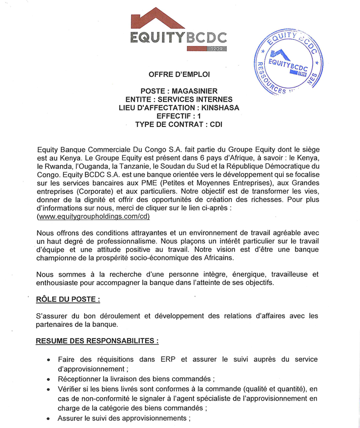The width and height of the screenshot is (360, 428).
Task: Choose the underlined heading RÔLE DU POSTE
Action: point(68,299)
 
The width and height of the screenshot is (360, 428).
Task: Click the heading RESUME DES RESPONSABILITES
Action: point(97,340)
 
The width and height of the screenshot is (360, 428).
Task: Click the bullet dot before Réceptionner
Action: point(48,379)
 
